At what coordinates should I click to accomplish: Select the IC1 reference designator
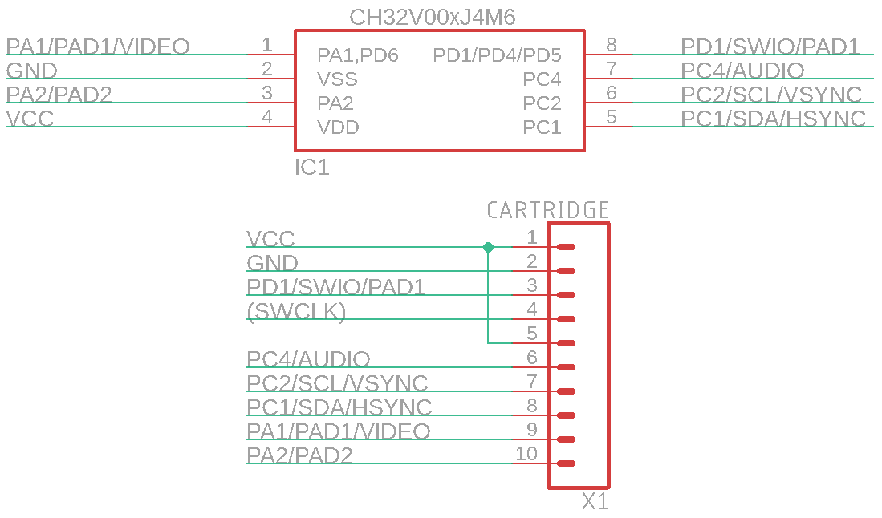coord(312,168)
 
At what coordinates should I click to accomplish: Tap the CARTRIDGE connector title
coord(548,211)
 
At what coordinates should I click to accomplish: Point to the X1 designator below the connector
coord(595,503)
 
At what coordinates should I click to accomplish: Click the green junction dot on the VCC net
coord(488,247)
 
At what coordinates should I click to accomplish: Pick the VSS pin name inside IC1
coord(337,79)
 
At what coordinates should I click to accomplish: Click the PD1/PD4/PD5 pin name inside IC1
coord(497,55)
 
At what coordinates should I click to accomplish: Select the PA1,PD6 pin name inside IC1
coord(358,55)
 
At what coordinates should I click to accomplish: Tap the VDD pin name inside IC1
coord(338,127)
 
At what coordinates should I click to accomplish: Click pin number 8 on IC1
coord(612,45)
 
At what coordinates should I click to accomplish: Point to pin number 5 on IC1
coord(612,117)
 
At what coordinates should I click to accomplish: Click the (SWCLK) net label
coord(296,311)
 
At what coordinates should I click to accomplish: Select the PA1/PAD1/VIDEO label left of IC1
coord(97,47)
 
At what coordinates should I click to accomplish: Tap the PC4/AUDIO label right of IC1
coord(742,71)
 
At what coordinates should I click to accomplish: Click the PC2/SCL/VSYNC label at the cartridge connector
coord(337,383)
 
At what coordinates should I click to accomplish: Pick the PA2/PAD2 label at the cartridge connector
coord(299,455)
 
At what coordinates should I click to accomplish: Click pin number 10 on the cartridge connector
coord(526,454)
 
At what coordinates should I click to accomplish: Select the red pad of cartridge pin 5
coord(566,343)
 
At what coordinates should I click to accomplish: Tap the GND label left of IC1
coord(31,71)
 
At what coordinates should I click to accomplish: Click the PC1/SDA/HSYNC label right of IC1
coord(774,119)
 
